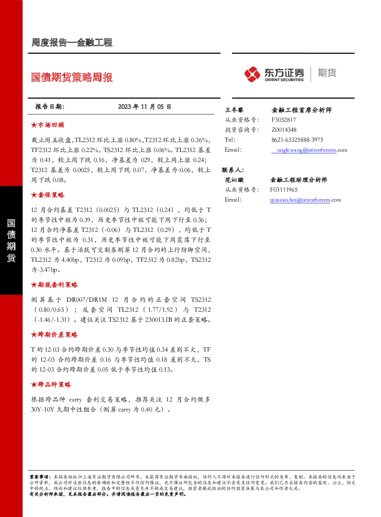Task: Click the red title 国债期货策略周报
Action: click(72, 77)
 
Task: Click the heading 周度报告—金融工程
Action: click(72, 43)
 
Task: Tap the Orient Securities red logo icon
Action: click(252, 74)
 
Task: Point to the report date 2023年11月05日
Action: click(144, 107)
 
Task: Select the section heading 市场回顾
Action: click(48, 125)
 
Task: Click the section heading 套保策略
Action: click(48, 195)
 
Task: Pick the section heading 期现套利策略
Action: click(55, 285)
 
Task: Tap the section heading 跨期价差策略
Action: click(55, 335)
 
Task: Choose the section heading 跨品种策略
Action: click(51, 385)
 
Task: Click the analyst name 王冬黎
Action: click(234, 110)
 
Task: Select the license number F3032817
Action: click(284, 120)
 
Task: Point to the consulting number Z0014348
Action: click(284, 130)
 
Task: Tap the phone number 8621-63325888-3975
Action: click(297, 140)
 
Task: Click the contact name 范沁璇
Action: click(234, 180)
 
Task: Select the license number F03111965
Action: click(284, 190)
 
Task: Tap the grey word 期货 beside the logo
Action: click(327, 73)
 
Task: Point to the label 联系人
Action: click(233, 170)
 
